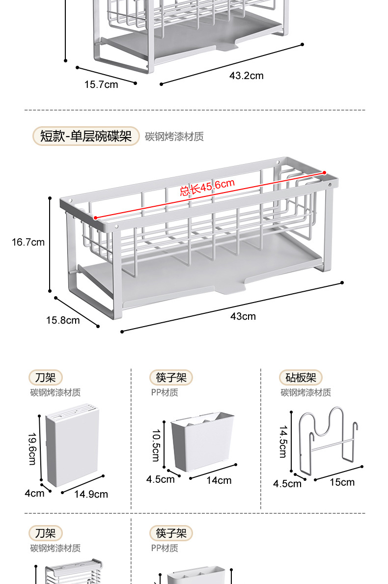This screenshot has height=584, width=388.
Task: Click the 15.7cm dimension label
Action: (x=101, y=84)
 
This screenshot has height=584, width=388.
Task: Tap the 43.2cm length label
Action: (x=246, y=76)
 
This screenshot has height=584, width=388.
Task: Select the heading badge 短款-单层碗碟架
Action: (x=86, y=136)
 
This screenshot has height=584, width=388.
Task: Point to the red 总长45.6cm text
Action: (x=207, y=187)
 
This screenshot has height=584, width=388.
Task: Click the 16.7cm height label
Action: (x=28, y=242)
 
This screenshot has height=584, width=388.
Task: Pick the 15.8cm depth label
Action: (x=63, y=320)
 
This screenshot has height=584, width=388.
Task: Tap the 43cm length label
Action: (x=243, y=316)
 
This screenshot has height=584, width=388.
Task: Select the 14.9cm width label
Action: (x=91, y=494)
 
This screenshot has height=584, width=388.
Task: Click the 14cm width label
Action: (x=219, y=480)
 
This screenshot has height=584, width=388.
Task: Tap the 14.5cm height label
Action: (x=283, y=442)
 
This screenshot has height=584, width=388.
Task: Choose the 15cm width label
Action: (x=342, y=482)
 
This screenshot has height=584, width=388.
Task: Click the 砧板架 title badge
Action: (x=301, y=377)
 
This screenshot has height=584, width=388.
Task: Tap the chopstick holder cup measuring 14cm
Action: (x=203, y=441)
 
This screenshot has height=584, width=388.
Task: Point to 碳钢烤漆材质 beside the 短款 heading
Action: (x=174, y=137)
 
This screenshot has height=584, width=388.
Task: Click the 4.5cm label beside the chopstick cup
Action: (x=160, y=479)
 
